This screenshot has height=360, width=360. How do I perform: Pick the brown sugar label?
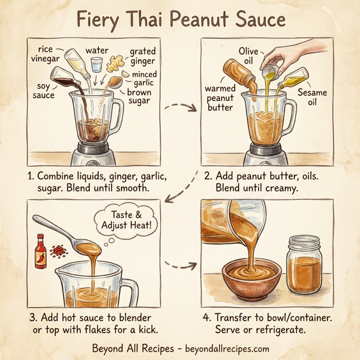point(139,98)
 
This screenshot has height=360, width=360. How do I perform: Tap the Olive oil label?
point(248,56)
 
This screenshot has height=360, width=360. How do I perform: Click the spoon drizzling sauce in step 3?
point(66,230)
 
